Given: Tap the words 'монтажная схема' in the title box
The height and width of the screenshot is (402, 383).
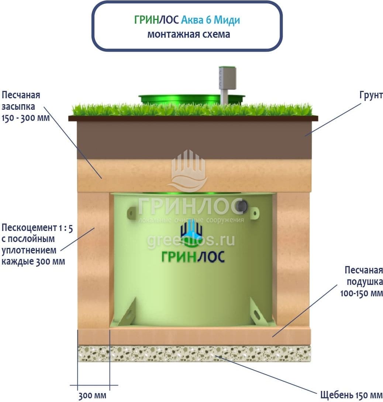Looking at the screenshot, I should point(189,34).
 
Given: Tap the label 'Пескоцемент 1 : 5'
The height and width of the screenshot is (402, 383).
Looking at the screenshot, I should point(37,228).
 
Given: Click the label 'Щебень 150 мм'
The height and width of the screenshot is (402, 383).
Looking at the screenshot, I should point(349,394).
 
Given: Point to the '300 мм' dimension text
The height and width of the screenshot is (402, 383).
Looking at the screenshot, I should point(92,396).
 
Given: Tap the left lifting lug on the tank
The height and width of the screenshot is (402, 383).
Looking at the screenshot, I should point(131,213).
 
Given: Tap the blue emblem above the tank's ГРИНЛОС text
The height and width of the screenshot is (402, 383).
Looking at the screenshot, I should point(191,232).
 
